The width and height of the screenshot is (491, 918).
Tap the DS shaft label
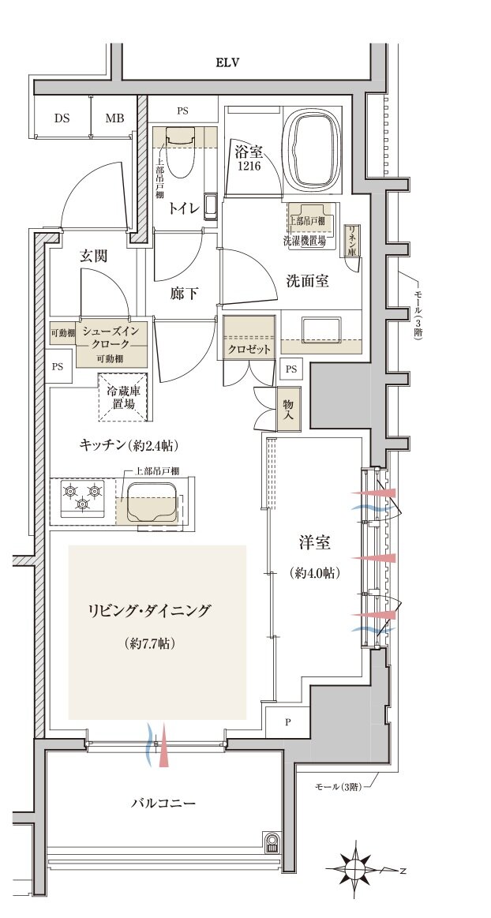click(62, 118)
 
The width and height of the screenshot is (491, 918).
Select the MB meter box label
click(114, 118)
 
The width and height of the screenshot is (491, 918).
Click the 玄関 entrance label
click(93, 256)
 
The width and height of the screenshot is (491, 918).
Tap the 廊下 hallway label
click(184, 294)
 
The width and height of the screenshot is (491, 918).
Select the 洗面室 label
click(307, 280)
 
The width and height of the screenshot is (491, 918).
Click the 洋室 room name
click(314, 543)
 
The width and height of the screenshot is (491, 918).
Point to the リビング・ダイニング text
click(150, 610)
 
